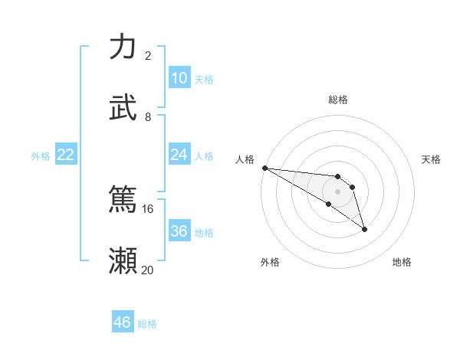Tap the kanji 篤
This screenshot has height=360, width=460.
(123, 199)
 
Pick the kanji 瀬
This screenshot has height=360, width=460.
(123, 260)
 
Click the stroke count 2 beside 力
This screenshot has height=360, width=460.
(148, 55)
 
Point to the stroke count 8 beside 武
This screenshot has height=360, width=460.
(148, 116)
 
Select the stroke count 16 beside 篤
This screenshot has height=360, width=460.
(148, 208)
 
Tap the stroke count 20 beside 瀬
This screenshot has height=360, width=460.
(148, 270)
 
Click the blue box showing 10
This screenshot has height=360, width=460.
(179, 78)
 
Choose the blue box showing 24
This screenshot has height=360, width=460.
(179, 155)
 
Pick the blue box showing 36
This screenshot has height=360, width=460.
(179, 231)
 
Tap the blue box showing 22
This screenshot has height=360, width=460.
(66, 155)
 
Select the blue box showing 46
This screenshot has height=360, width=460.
(123, 322)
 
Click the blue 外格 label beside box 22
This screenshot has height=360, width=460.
(41, 155)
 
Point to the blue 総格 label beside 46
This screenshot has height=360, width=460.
(147, 324)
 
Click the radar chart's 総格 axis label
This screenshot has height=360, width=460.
(338, 100)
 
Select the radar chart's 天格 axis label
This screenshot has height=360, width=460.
(432, 159)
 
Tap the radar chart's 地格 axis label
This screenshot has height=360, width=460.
(402, 262)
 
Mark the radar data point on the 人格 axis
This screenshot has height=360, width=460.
(264, 168)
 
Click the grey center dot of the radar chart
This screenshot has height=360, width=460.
(337, 191)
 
